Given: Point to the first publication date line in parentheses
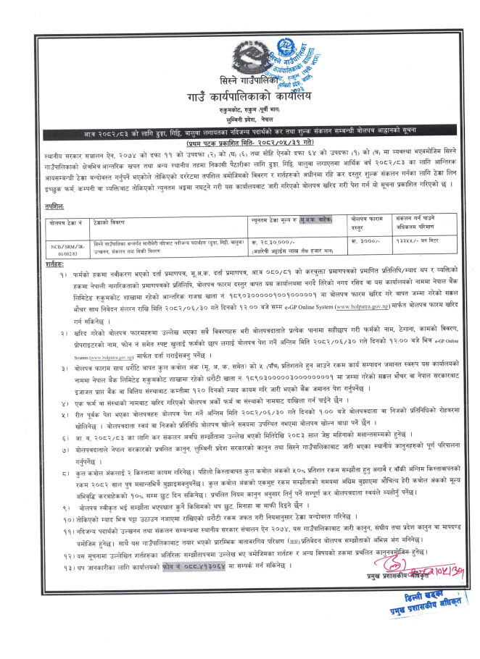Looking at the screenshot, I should pyautogui.click(x=240, y=127).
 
